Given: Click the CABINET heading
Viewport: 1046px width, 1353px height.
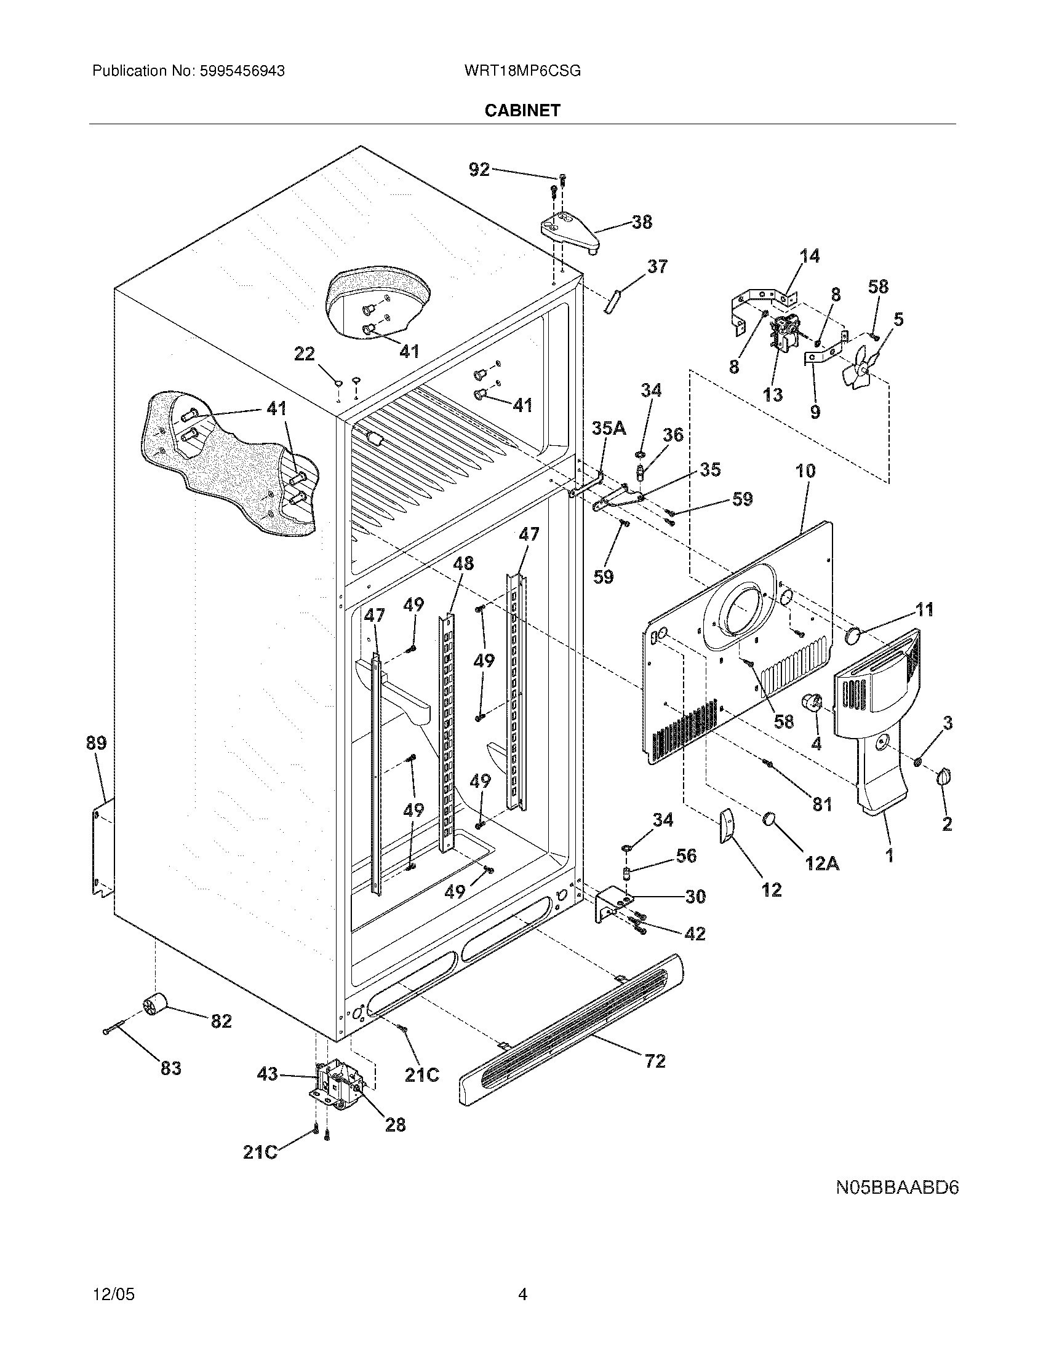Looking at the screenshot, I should coord(522,110).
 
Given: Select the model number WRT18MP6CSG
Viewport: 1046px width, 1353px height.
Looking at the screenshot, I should coord(522,71).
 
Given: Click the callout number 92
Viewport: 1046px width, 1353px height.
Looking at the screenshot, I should coord(479,169).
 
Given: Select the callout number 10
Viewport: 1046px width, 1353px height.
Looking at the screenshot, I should coord(805,471).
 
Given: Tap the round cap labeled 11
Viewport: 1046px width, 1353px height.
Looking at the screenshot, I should coord(855,635).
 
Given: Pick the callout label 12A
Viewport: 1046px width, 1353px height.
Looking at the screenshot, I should coord(821,862).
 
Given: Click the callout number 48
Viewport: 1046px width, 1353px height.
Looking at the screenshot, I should coord(463,563).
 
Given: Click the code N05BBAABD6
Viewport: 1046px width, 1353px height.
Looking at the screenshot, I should coord(896,1188).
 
